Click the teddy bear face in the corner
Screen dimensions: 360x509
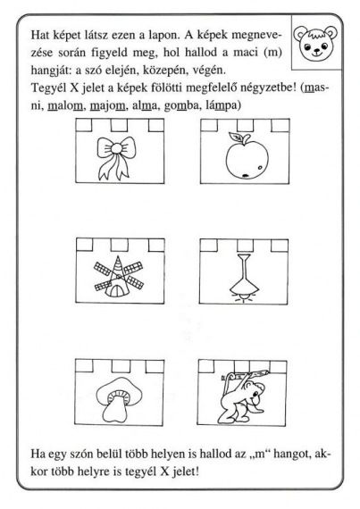point(315,43)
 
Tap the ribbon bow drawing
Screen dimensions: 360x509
point(116,157)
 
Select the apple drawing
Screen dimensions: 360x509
point(247,155)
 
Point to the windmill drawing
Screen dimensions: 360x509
point(119,276)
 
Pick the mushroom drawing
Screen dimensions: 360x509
point(119,400)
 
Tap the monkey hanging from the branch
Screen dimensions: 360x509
point(243,396)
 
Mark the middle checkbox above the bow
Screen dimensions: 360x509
point(119,125)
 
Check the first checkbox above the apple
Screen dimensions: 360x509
point(209,125)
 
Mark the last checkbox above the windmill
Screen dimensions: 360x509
point(156,245)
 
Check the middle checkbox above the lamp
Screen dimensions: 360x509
point(246,245)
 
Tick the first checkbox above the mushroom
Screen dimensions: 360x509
point(83,366)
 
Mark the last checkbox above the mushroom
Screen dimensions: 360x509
point(155,366)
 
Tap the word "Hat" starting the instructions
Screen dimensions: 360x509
point(39,35)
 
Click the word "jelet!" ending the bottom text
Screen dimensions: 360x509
point(186,471)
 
